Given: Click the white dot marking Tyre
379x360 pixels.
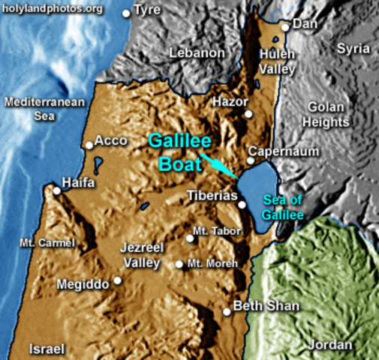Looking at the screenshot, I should coord(125,13).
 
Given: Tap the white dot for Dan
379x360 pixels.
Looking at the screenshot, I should coord(285,27).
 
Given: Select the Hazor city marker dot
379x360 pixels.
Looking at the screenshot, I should coord(248,114).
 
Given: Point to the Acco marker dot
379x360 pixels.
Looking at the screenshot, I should coord(89,145).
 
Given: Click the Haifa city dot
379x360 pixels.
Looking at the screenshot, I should coord(56,190).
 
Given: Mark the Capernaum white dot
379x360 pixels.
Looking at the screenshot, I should coord(251,160).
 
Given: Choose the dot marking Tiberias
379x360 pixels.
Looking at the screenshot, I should coord(242,204).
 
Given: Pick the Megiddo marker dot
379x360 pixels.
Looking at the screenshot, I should coord(117,281).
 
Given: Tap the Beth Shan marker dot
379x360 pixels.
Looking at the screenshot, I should coord(227,311).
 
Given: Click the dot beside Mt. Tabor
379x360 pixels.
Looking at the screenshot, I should coord(189,238).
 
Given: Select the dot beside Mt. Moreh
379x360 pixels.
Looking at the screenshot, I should coord(179,264).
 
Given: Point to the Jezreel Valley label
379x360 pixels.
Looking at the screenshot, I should coord(141,255).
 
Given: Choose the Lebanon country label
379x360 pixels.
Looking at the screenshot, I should coord(197,53).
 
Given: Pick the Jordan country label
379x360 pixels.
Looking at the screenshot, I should coord(330,345).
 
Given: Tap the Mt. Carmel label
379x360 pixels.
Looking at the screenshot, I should coord(48,243).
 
